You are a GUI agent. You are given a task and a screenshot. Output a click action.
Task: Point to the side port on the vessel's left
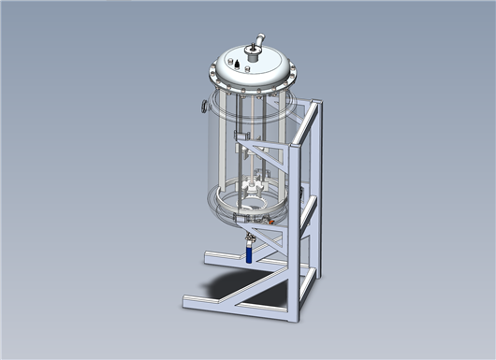click(201, 107)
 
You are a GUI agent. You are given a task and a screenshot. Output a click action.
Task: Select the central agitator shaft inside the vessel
click(249, 140)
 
